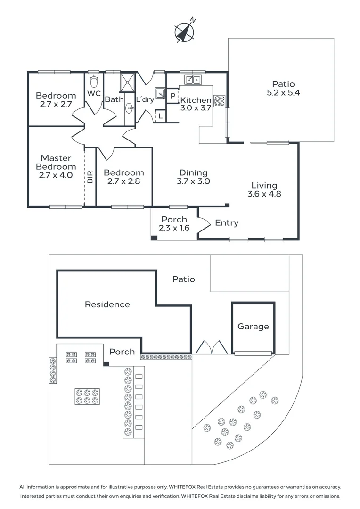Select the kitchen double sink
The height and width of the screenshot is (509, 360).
click(x=193, y=80)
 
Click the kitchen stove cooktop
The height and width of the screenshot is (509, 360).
click(x=220, y=100)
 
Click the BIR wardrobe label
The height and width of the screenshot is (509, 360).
click(x=90, y=177)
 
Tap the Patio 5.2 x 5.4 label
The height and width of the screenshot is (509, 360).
click(x=283, y=89)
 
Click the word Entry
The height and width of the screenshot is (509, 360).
click(x=227, y=223)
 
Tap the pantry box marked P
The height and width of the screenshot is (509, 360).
click(x=173, y=96)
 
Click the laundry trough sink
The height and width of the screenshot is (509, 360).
click(x=161, y=93)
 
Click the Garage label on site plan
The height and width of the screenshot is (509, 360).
click(x=253, y=327)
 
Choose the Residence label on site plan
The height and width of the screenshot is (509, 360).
click(x=107, y=304)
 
